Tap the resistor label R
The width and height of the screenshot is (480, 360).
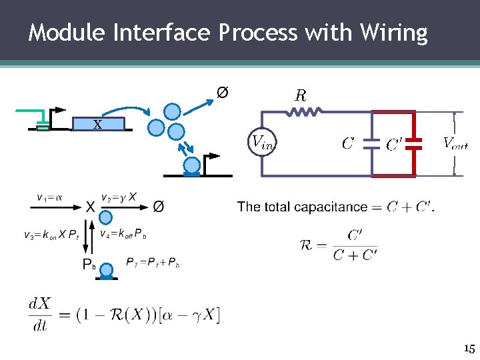pos(301,95)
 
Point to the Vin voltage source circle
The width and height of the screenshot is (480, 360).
pos(261,141)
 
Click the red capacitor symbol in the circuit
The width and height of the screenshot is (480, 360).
pos(415,142)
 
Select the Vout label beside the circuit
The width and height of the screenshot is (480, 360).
pos(455,142)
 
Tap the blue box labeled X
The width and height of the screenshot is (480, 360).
pos(97,123)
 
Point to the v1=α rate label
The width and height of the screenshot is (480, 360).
pos(51,197)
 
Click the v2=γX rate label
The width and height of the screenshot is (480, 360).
pos(119,197)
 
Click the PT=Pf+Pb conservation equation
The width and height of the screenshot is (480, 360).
pos(153,262)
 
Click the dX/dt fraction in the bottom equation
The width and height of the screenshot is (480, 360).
pos(40,312)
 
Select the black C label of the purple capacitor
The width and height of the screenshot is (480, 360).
pos(347,143)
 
